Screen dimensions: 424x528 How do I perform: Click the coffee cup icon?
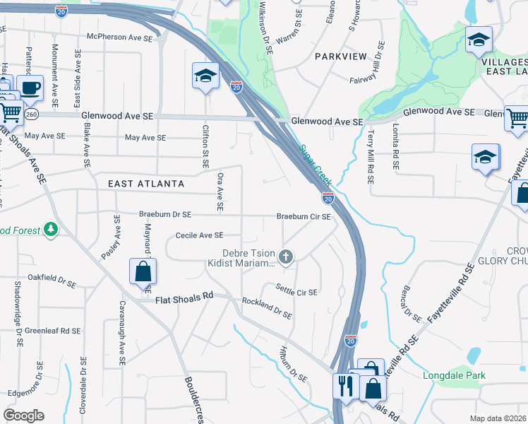30,88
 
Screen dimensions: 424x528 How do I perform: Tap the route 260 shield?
33,113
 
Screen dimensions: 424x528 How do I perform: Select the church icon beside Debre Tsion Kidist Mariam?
286,257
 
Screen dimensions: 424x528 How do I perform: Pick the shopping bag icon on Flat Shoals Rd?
143,270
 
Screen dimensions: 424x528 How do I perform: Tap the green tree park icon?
50,229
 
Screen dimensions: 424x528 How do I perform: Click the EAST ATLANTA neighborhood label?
146,184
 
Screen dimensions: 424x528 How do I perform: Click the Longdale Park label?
450,375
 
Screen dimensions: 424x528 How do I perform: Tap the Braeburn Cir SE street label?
304,216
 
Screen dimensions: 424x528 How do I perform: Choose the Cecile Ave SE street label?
200,235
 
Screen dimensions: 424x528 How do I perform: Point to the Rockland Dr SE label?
267,308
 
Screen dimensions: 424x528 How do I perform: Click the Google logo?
23,416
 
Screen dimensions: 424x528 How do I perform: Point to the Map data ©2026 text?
498,418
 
